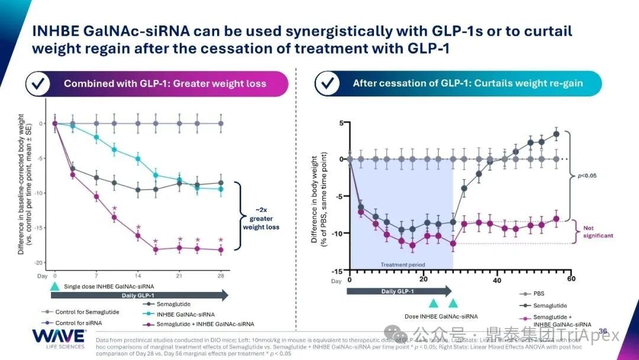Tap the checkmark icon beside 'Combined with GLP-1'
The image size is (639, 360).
[40, 83]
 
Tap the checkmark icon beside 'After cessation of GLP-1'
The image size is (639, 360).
[327, 83]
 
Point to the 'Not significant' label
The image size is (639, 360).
[598, 232]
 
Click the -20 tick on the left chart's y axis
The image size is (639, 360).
[41, 262]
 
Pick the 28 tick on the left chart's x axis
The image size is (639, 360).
[221, 276]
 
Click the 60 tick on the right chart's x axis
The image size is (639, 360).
[570, 279]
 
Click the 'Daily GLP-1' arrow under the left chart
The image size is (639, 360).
[139, 295]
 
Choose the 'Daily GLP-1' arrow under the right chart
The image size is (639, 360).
[398, 291]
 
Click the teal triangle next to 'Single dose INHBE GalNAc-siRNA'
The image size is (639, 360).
[55, 286]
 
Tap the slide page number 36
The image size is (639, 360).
[603, 330]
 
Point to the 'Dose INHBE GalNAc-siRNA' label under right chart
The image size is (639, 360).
[440, 316]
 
